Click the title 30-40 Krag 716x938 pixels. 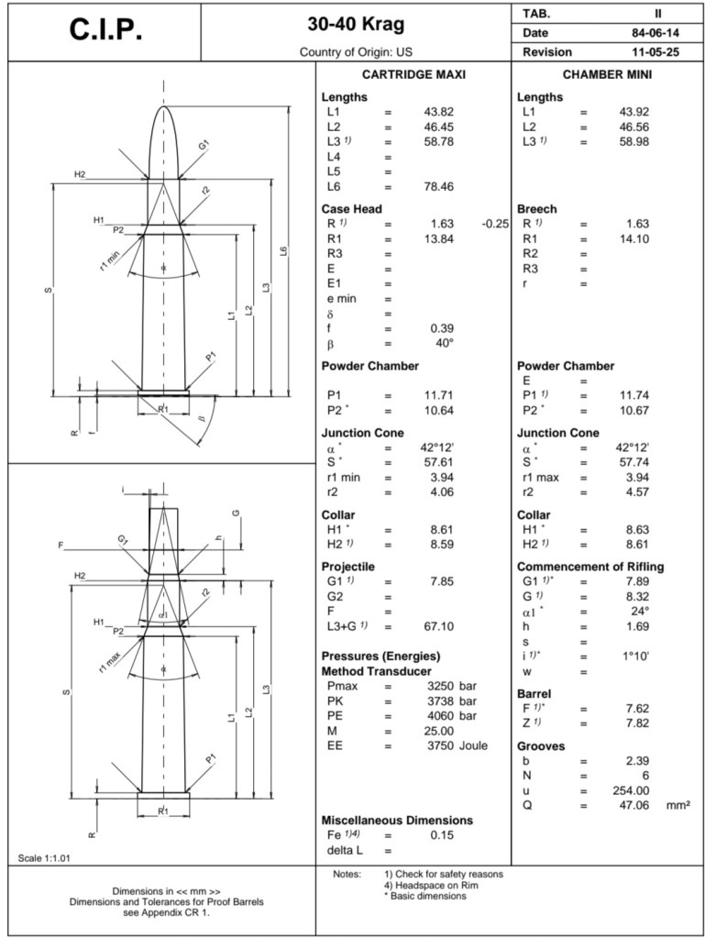pos(357,24)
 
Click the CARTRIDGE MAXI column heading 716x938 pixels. pos(413,74)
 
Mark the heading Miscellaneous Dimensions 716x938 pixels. pos(397,820)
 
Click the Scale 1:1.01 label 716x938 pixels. pos(44,858)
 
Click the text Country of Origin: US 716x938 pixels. pos(357,52)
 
